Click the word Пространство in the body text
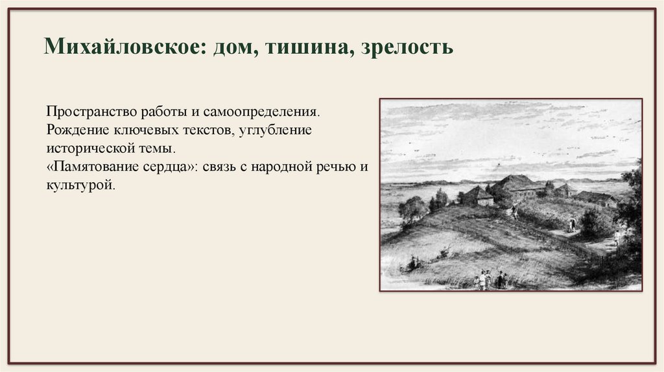click(84, 111)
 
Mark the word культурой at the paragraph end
click(81, 185)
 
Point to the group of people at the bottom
click(490, 280)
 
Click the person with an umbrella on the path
click(571, 224)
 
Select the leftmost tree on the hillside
click(412, 209)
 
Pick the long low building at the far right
click(597, 198)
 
